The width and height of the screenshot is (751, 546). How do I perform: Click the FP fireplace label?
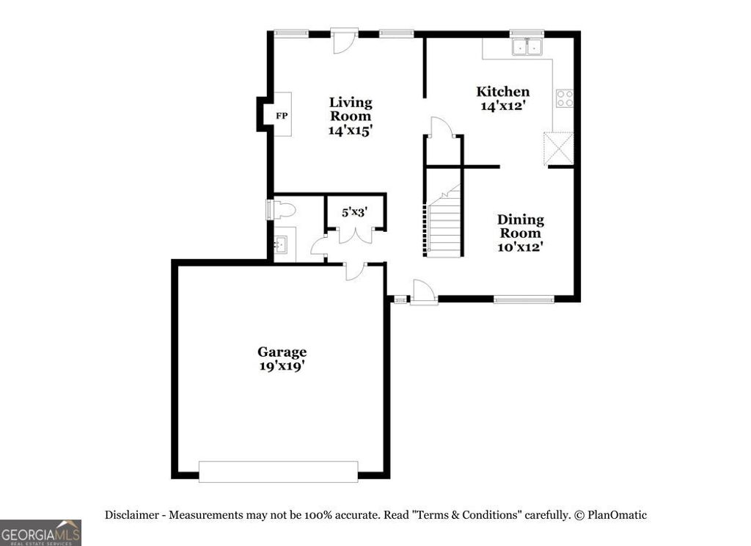[x=282, y=116]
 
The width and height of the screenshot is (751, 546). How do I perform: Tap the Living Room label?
[x=351, y=109]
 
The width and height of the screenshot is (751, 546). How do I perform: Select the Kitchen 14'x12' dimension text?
[x=503, y=106]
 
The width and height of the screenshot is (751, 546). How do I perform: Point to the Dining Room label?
[x=521, y=226]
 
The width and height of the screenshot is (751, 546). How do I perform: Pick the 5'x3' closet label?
[x=354, y=212]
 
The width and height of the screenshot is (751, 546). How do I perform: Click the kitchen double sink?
[x=527, y=47]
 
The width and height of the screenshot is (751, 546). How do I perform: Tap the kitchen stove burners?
[x=564, y=98]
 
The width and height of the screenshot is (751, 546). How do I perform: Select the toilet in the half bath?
[x=282, y=211]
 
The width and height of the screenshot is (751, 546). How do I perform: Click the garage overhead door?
[x=278, y=471]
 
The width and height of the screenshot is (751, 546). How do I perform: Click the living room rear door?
[x=342, y=40]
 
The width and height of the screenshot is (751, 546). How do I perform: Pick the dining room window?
[x=523, y=299]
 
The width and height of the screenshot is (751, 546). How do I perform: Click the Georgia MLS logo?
[x=40, y=532]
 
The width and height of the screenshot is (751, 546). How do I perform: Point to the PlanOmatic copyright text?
[x=609, y=515]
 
